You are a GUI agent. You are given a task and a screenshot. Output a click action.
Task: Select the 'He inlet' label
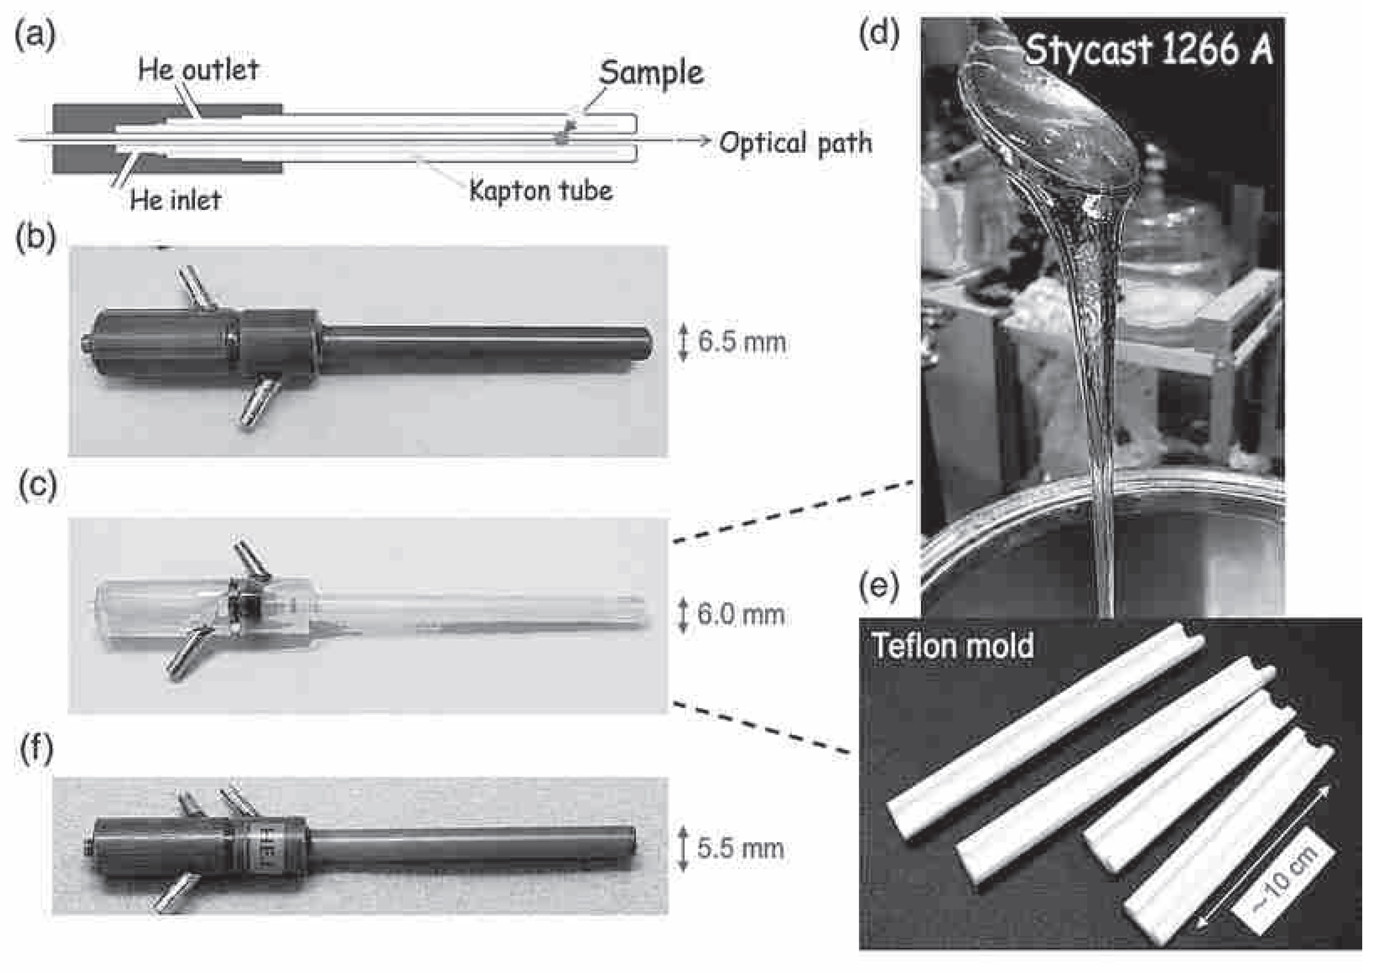coord(176,199)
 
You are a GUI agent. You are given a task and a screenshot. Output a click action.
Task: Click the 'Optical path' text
coord(796,144)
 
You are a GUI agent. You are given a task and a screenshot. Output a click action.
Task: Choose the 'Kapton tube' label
coord(541,191)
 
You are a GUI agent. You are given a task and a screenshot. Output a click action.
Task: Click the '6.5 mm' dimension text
coord(742,342)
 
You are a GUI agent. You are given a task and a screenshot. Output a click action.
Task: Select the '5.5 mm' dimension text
coord(741,848)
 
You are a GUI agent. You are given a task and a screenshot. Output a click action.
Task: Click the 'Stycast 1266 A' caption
coord(1149,49)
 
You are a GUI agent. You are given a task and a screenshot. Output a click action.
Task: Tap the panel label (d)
coord(879,35)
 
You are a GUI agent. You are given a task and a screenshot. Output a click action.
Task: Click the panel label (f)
coord(36,750)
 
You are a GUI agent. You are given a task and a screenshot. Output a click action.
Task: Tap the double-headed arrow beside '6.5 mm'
coord(683,342)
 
